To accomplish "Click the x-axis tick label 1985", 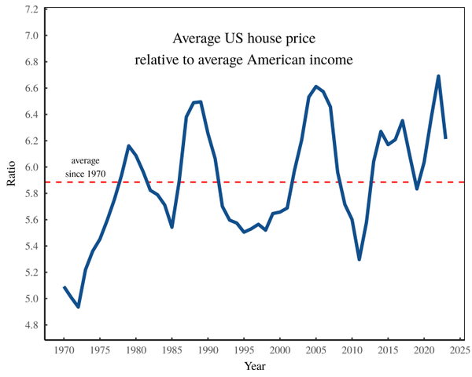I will coord(171,350).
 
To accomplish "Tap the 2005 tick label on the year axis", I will coord(315,350).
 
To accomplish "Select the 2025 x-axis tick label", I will coord(460,350).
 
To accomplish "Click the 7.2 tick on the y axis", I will coord(31,9).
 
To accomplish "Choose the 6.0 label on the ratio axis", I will coord(31,167).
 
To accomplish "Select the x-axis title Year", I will coord(255,366).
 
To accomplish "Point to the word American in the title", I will coord(299,59).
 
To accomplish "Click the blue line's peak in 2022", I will coord(438,76).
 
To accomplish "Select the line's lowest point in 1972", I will coord(78,306).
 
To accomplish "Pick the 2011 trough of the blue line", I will coord(359,259).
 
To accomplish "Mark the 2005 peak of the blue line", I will coord(315,86).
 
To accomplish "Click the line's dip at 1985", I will coord(171,227).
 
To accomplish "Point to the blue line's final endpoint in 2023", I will coord(445,137).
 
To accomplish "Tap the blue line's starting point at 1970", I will coord(64,287).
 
